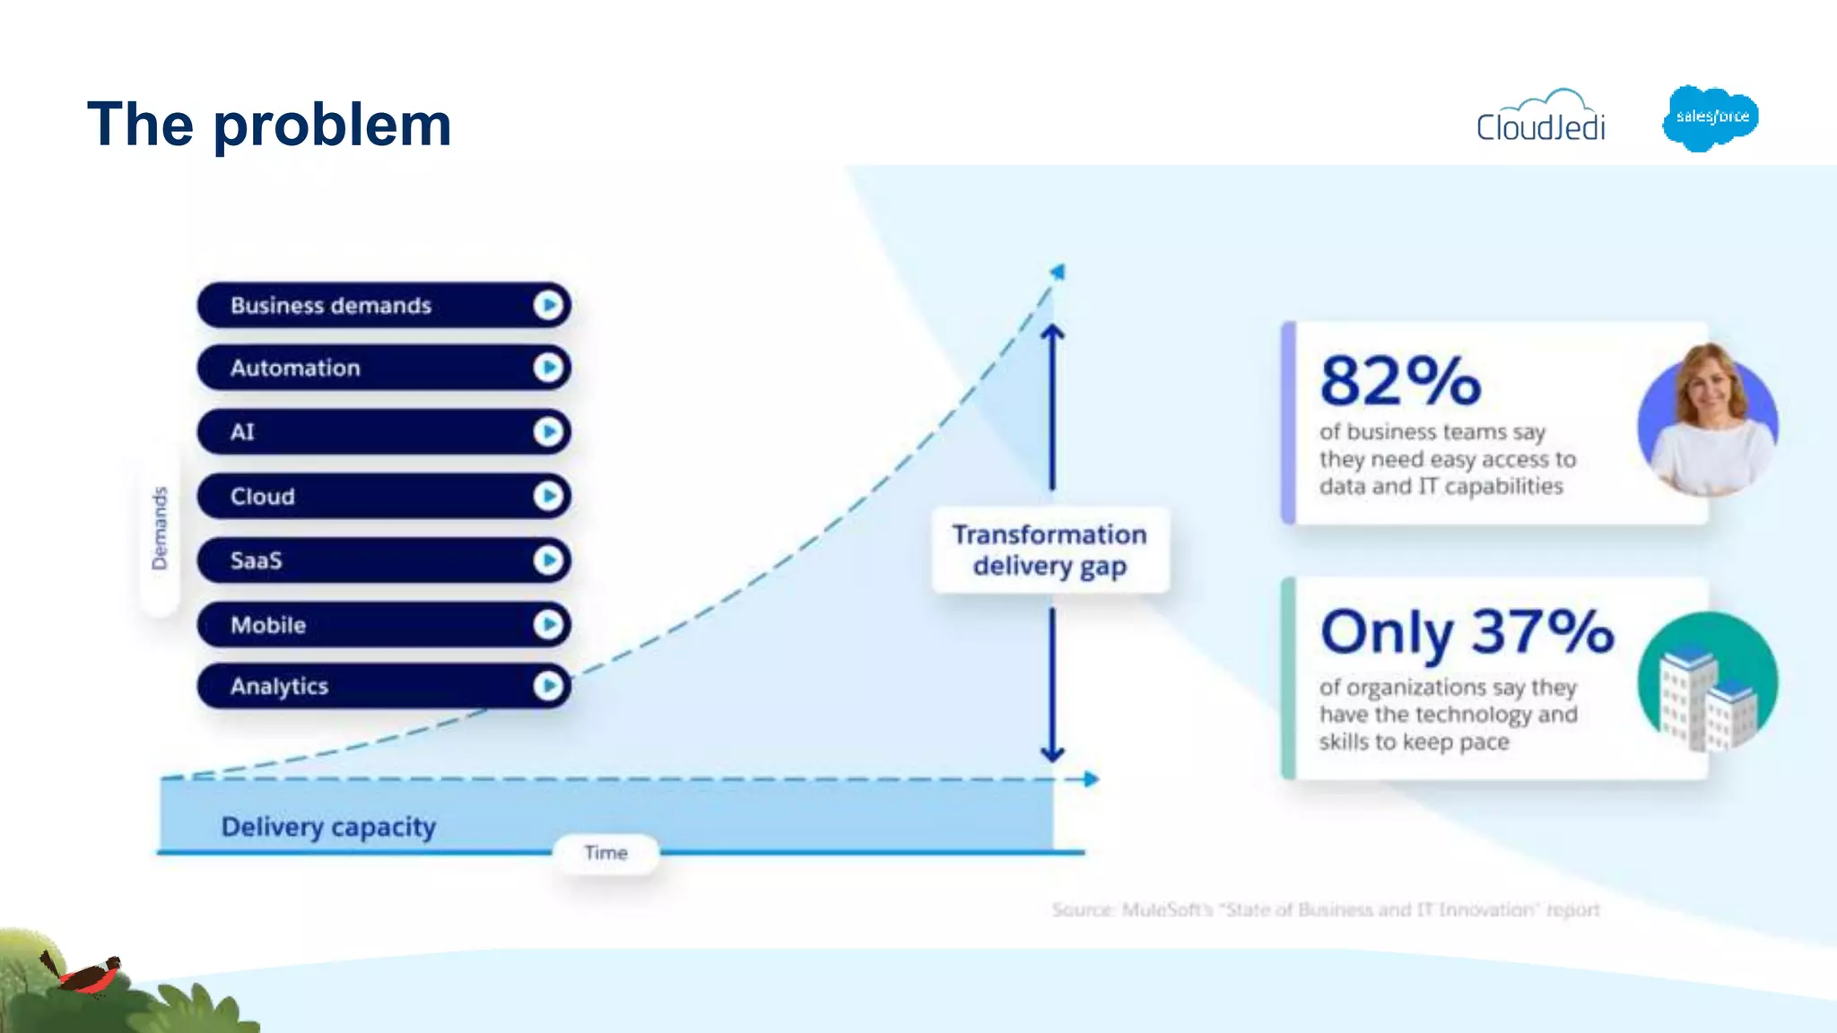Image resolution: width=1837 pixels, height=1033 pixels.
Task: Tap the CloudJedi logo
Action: (1541, 119)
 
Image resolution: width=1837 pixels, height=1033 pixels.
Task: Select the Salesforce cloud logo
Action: (1711, 117)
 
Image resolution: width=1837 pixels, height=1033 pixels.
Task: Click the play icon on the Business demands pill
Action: (548, 306)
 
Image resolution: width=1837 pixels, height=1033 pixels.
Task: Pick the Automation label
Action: (295, 368)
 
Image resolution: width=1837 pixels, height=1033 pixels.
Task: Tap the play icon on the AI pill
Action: (548, 432)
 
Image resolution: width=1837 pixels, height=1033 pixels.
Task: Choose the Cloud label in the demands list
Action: (262, 497)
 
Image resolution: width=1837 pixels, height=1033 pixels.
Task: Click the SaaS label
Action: (256, 560)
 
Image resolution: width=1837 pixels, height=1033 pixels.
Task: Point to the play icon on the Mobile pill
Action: (548, 625)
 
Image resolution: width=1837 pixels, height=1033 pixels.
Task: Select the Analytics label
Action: (279, 686)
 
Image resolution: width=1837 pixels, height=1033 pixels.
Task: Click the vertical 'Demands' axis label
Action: (160, 528)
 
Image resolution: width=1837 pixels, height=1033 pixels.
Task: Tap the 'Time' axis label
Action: (605, 853)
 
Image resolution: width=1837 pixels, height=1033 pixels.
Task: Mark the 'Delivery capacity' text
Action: (328, 827)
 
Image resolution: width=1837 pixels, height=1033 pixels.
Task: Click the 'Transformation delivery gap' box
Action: (1049, 550)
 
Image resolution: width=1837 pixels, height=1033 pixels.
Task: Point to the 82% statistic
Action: (1400, 380)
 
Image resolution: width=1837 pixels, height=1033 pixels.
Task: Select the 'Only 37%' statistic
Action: (1467, 632)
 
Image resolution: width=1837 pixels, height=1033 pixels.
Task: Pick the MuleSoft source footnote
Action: (1325, 910)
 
